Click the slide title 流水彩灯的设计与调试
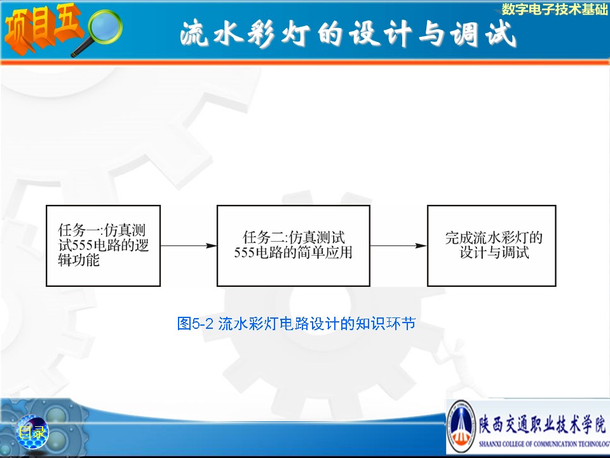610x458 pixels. (348, 34)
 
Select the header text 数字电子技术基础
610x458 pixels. (555, 9)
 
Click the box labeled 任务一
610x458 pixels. (103, 246)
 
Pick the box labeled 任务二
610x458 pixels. (294, 246)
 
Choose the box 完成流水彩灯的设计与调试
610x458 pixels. (492, 246)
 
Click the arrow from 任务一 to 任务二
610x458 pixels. (189, 246)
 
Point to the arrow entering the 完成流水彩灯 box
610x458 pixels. (398, 246)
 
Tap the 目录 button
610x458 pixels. (32, 432)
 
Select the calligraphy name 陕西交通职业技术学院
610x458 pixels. (542, 424)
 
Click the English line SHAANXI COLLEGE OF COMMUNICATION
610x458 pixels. (545, 443)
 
